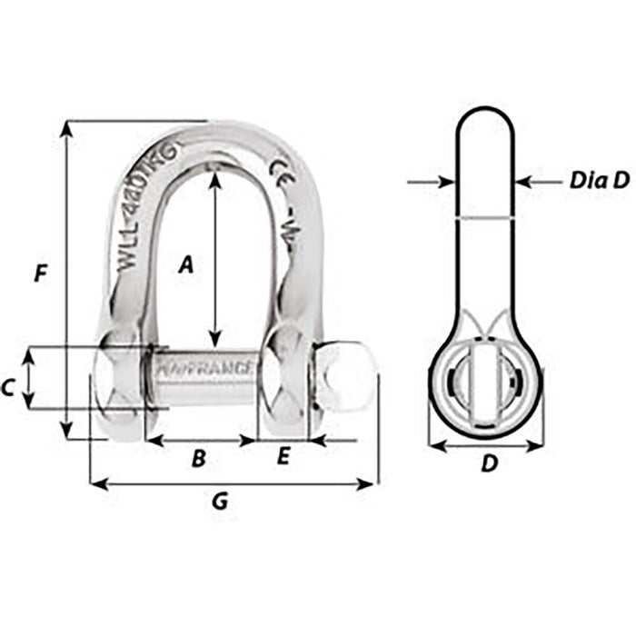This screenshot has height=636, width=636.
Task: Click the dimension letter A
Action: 185,264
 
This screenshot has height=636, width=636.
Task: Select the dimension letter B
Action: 198,459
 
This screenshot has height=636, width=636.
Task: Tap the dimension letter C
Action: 8,388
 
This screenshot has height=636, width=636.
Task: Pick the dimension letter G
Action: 219,501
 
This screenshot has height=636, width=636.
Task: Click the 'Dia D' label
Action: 599,180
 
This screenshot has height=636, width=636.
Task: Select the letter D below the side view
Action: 488,464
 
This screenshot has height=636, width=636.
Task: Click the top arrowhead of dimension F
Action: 66,128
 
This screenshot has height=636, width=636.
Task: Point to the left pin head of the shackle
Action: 118,382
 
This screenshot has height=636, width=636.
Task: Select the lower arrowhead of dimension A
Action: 214,334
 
